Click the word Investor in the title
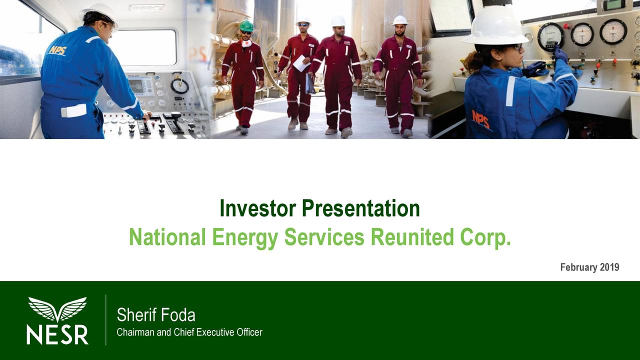click(257, 208)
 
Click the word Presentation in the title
click(361, 208)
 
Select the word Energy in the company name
click(245, 237)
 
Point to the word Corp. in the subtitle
click(485, 237)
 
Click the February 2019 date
click(589, 267)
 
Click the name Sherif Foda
click(156, 315)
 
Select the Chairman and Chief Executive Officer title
click(189, 332)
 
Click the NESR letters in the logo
click(57, 334)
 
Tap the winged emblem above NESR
click(57, 309)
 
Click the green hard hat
click(246, 25)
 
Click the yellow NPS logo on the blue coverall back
click(58, 50)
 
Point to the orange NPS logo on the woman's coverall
click(481, 119)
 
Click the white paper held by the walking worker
click(301, 63)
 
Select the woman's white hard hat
click(495, 25)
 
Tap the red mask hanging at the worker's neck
click(246, 43)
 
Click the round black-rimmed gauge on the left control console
click(179, 85)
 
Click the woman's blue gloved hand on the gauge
click(560, 54)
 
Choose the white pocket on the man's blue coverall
click(73, 111)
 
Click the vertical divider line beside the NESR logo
click(106, 320)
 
